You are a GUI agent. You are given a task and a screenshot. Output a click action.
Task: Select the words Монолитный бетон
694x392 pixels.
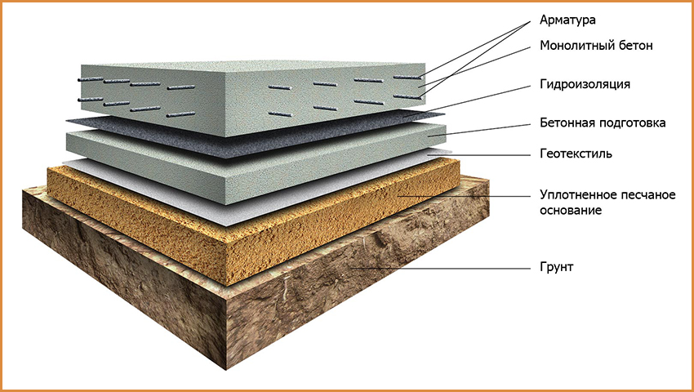(x=596, y=46)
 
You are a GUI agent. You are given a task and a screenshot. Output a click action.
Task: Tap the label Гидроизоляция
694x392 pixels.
(x=585, y=84)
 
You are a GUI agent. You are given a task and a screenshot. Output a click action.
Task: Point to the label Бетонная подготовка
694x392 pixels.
(x=603, y=122)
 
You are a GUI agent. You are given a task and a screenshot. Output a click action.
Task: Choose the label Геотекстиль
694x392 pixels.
(x=576, y=154)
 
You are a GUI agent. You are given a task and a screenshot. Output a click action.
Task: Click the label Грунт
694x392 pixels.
(x=556, y=268)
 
